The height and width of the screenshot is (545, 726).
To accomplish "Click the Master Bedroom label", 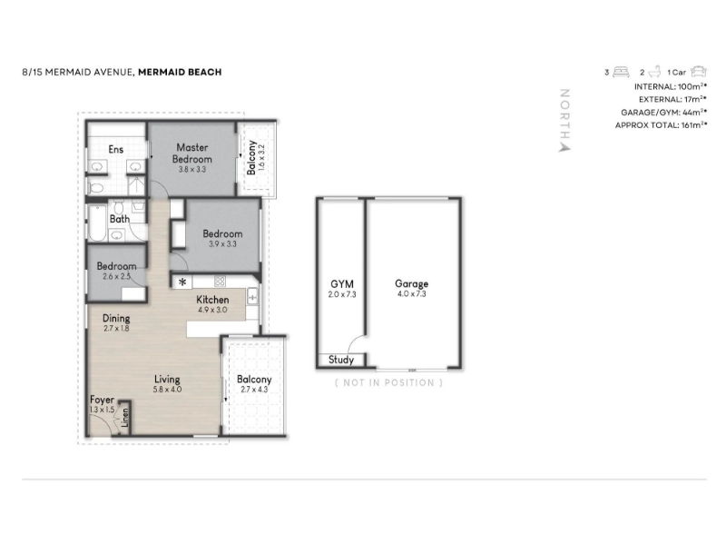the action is click(192, 153).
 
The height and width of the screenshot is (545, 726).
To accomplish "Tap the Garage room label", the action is click(411, 283).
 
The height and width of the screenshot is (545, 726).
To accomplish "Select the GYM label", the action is click(342, 284).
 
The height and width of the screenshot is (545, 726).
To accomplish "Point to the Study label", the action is click(341, 360).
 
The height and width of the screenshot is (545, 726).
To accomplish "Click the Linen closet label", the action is click(125, 418).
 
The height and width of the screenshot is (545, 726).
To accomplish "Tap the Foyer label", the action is click(102, 400).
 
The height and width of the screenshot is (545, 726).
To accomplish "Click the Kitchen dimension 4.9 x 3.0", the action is click(212, 310).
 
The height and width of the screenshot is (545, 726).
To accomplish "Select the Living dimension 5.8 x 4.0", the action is click(167, 390).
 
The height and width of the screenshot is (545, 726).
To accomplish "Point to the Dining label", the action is click(116, 319).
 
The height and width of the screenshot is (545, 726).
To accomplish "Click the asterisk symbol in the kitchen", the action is click(182, 282).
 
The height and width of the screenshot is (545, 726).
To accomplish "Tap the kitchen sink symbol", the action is click(252, 296).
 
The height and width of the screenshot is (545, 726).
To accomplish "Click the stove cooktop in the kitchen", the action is click(220, 281).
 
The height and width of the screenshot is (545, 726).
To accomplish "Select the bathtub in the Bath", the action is click(97, 223).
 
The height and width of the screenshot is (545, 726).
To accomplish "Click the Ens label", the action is click(116, 149).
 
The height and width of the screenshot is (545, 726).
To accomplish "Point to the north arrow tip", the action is click(564, 147).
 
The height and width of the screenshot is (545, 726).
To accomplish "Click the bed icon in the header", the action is click(621, 72).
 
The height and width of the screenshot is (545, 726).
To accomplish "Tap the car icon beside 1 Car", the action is click(698, 72).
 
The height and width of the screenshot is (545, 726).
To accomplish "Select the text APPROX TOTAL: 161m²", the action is click(661, 125).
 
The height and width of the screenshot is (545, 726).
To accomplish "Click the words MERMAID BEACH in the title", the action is click(180, 72).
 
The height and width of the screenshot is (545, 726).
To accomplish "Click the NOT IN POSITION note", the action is click(389, 382).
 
